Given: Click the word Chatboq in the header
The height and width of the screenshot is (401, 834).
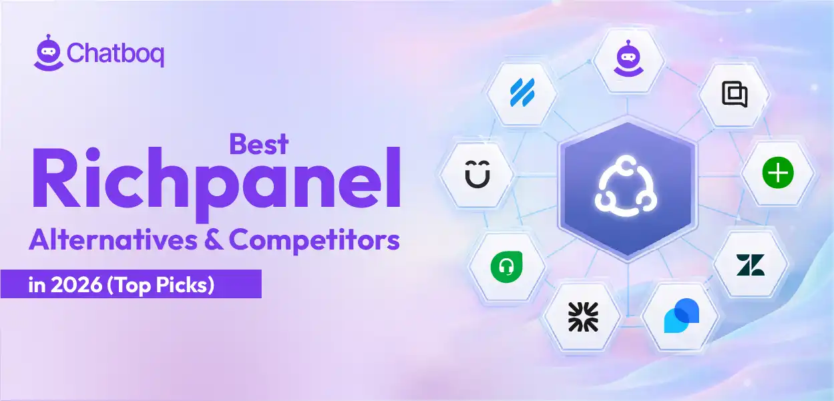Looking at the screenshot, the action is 116,54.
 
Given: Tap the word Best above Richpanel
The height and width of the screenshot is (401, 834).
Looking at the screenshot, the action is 259,144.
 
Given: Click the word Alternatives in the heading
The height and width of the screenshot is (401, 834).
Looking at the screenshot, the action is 114,240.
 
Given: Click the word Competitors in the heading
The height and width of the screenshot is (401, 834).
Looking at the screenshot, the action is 315,241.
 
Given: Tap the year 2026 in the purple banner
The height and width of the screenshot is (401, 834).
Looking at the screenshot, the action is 76,285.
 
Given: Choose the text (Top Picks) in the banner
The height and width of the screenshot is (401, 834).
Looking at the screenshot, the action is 160,286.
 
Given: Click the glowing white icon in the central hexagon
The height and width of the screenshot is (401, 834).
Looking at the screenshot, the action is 626,186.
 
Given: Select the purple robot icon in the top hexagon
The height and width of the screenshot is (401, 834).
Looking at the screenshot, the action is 628,59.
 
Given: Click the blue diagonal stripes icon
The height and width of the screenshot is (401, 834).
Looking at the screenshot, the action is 522,92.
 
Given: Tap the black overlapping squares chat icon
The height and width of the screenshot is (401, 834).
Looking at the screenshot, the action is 735,94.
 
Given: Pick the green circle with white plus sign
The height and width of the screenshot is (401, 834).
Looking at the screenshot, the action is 778,173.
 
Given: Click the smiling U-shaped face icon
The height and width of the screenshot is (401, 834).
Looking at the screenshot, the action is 477,174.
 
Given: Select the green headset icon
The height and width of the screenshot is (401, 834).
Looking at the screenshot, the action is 506,267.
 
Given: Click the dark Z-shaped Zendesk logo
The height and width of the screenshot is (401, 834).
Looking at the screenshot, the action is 751,265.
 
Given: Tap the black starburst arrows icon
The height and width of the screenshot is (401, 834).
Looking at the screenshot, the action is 583,316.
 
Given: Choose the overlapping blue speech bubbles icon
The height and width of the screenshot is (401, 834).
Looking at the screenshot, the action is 682,316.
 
